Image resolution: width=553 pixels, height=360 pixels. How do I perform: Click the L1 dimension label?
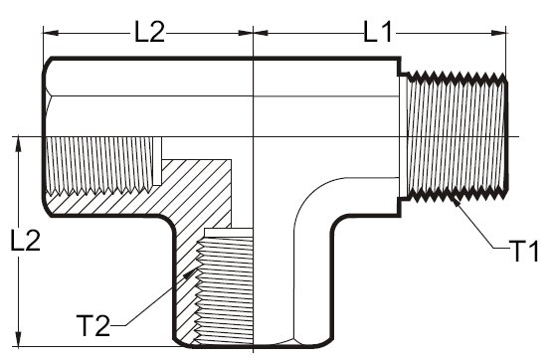(377, 33)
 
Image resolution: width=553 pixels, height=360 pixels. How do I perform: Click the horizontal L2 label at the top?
(149, 32)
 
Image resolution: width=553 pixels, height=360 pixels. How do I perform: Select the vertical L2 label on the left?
(26, 241)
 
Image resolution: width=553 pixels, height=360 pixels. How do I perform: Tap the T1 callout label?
(523, 251)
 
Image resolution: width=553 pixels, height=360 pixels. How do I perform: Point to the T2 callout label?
(92, 325)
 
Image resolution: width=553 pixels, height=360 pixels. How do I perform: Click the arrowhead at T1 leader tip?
(456, 201)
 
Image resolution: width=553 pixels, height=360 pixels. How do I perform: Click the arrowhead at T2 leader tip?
(192, 273)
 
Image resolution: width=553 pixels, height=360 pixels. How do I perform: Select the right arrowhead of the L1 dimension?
(498, 33)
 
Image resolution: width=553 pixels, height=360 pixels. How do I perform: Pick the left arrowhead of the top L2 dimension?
(51, 33)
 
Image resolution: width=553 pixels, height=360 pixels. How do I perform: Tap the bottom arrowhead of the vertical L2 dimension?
(19, 339)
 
